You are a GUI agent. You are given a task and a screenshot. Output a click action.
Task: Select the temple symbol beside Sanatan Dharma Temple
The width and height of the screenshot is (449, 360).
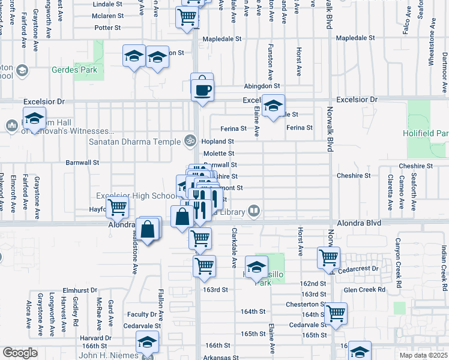point(190,141)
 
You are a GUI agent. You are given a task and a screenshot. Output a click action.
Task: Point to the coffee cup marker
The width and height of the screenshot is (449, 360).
point(202,90)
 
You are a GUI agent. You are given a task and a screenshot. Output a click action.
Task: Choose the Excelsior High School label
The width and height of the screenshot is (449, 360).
point(136,196)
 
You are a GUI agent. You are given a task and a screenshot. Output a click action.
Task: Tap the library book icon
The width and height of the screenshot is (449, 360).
point(254,211)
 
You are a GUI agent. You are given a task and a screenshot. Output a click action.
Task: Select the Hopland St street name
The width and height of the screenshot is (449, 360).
point(218,142)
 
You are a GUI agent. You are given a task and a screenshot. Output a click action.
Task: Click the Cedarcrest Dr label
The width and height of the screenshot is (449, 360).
point(359,269)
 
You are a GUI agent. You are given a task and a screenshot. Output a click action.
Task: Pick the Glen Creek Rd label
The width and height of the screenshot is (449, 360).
point(365,289)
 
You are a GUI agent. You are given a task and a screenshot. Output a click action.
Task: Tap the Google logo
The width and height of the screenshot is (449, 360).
point(19,353)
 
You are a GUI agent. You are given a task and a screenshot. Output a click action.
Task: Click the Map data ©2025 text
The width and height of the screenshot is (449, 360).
point(423,355)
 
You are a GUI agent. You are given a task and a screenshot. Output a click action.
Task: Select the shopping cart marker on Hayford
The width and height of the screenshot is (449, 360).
point(118,208)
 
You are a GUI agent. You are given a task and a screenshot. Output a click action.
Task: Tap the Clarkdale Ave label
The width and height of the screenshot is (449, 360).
point(234,248)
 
